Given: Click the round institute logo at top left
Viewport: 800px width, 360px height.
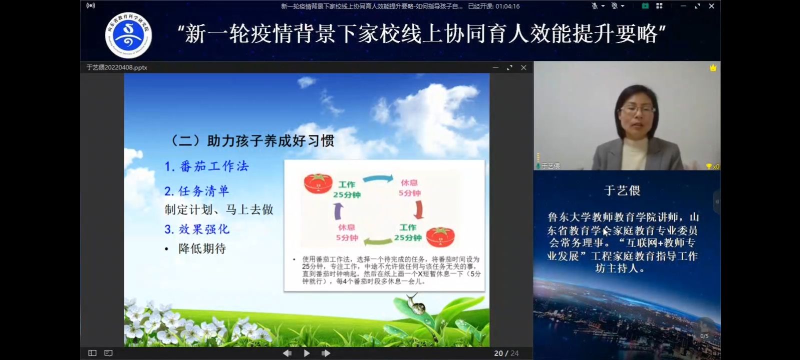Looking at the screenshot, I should (x=128, y=35).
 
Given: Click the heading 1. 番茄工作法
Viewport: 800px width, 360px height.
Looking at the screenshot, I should (x=206, y=166).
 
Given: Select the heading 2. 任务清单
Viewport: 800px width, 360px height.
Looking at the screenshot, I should (x=196, y=191).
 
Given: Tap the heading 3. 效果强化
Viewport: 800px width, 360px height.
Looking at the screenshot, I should (x=196, y=229).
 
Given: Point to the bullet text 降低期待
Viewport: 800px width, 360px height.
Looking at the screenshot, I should (x=202, y=248).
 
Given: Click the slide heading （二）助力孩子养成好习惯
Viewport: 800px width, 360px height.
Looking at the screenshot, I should (x=253, y=141).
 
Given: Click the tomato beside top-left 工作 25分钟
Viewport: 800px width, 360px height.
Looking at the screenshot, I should (x=318, y=183).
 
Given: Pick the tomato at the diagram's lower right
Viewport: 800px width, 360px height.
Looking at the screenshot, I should (x=440, y=237).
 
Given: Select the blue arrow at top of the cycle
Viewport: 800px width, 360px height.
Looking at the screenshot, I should (x=378, y=178).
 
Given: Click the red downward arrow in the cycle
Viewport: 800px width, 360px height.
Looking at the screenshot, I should (x=419, y=210).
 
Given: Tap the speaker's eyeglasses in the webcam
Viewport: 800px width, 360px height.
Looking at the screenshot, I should (x=637, y=109).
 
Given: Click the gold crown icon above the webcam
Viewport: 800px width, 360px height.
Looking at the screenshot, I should (x=713, y=67).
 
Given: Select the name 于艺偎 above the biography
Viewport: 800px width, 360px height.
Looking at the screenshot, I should (x=622, y=190).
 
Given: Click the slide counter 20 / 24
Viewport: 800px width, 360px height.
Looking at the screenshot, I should (x=506, y=353).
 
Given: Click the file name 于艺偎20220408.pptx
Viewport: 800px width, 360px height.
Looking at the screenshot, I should (x=117, y=67).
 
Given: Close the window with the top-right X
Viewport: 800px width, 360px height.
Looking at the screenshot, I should (x=711, y=6).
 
